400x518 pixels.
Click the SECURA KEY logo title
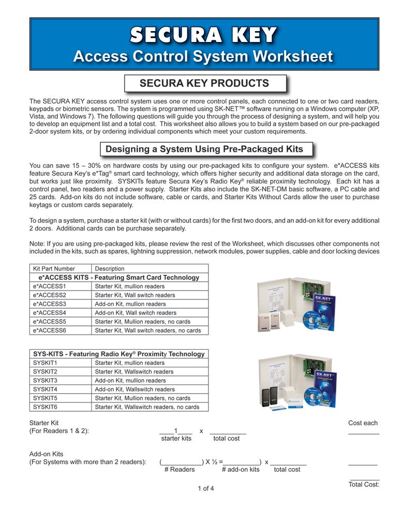pos(203,36)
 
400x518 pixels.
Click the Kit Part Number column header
pos(54,269)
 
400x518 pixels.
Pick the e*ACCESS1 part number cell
pos(50,286)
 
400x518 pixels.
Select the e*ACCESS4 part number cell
pos(50,313)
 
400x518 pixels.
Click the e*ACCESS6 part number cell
pos(50,330)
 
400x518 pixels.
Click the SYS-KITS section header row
pos(118,354)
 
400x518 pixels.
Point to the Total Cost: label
pos(364,485)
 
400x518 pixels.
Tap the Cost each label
pos(363,423)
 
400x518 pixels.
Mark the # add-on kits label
pos(240,470)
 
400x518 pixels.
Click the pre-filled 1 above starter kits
pos(176,431)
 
